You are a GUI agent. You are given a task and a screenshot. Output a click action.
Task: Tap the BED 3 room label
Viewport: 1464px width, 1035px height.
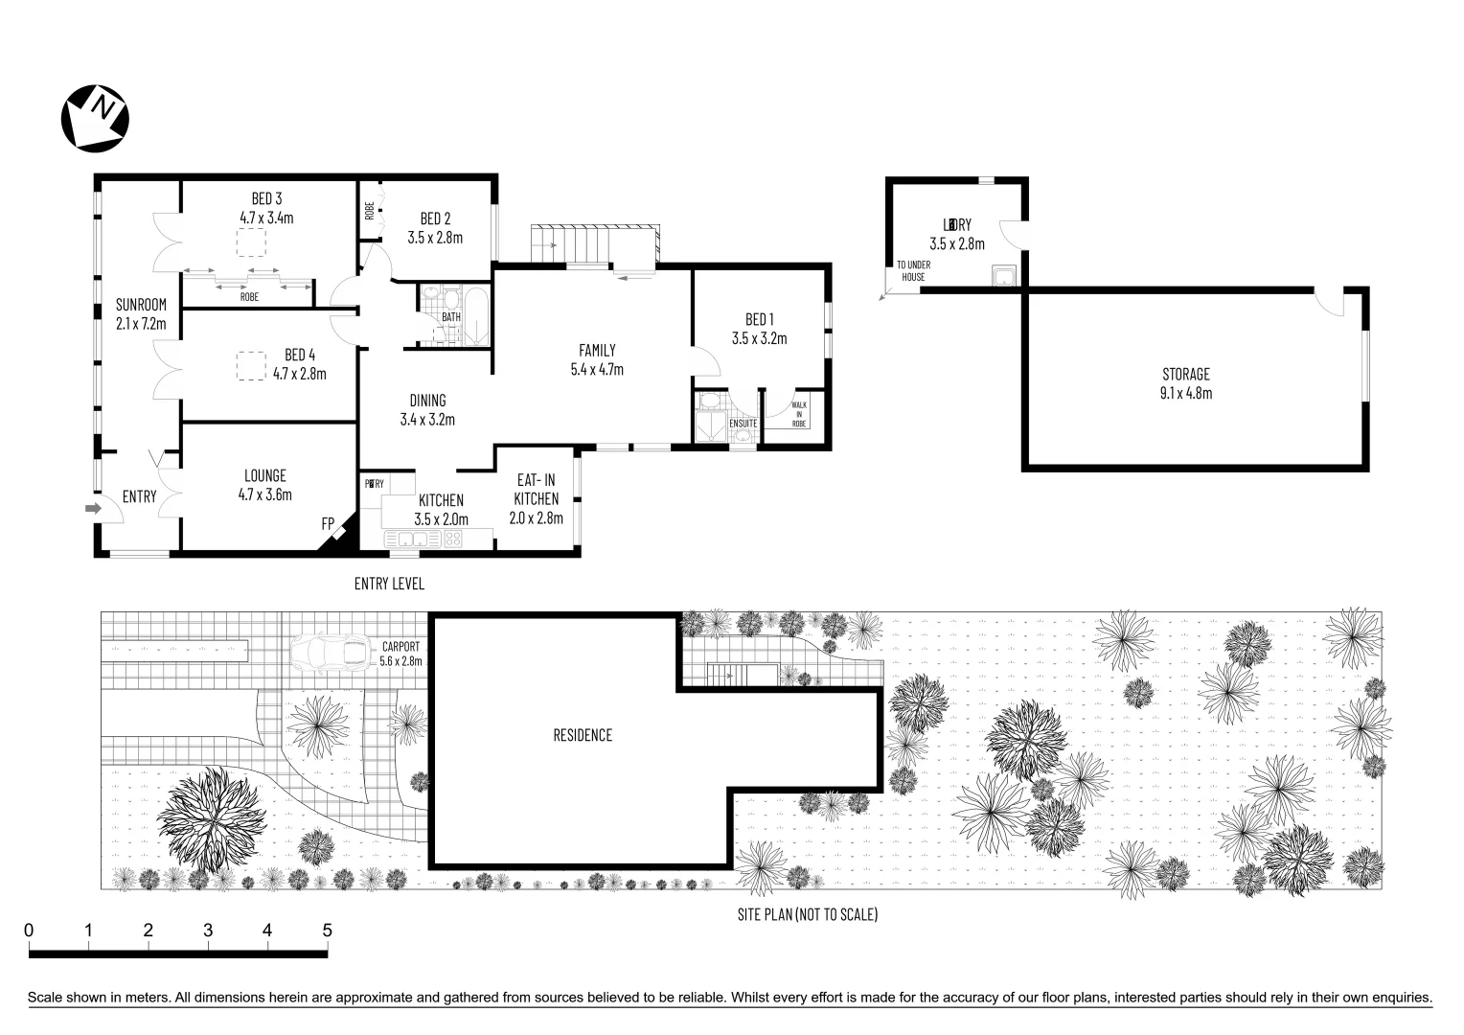pos(266,199)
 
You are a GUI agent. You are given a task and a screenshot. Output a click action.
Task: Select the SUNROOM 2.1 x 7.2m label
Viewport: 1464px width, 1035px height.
pos(141,314)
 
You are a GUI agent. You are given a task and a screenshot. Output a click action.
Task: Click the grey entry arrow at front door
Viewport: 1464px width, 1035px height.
pos(93,508)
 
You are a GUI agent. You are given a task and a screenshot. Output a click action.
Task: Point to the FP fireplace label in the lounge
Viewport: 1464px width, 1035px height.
pos(328,524)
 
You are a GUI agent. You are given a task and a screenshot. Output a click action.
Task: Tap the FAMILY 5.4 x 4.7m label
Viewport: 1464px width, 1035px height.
pos(597,359)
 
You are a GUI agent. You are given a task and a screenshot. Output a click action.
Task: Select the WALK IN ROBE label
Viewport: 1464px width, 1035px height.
pos(798,414)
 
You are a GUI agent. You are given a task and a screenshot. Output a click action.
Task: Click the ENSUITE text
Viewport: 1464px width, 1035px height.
pos(743,424)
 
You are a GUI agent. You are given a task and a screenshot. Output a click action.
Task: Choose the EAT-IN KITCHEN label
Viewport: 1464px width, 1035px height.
pos(536,498)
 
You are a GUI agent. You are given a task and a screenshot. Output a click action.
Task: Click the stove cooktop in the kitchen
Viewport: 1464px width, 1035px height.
pos(452,539)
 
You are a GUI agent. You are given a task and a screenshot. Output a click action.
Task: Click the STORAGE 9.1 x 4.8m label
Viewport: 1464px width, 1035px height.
pos(1186,383)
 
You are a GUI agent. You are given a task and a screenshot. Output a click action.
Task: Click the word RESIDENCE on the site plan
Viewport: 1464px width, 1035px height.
pos(583,735)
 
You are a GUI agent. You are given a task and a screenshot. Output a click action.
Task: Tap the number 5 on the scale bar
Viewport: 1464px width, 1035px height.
pos(327,930)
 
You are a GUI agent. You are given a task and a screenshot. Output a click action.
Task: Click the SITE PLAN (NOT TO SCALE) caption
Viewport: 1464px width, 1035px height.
pos(807,914)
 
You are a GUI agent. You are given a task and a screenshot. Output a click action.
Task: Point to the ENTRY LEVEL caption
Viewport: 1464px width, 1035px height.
pos(389,584)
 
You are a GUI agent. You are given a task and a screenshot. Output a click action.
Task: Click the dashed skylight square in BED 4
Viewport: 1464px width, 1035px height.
pos(251,367)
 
